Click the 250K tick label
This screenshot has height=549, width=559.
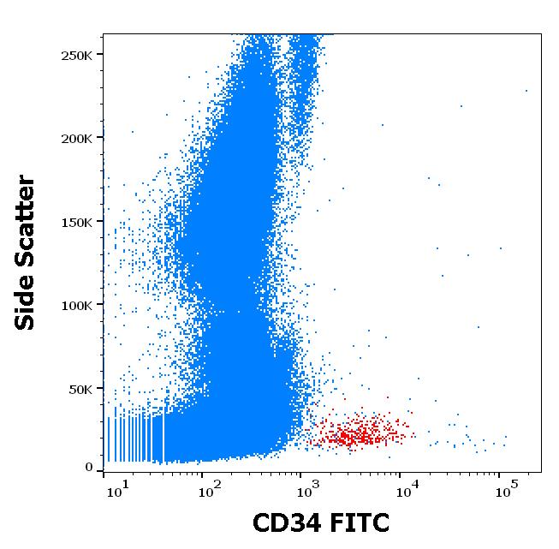point(78,55)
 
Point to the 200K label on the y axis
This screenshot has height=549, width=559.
point(78,138)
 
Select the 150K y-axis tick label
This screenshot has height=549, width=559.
point(78,222)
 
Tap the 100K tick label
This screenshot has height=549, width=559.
point(78,305)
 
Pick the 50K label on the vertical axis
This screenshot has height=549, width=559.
point(81,389)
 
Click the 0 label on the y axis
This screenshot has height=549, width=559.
point(89,468)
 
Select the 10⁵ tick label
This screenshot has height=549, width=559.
point(506,489)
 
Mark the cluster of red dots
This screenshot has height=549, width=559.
point(360,433)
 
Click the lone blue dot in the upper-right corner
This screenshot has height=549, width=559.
point(526,90)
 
